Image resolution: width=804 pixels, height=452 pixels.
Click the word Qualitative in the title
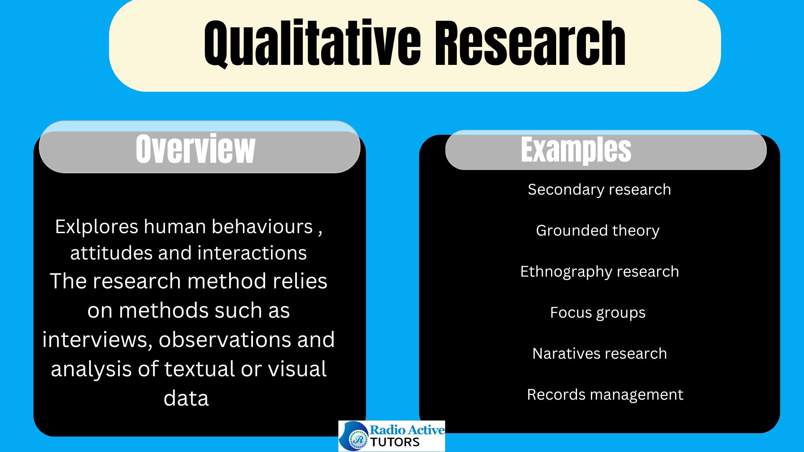[x=312, y=44]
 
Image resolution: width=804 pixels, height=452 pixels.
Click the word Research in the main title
[x=530, y=43]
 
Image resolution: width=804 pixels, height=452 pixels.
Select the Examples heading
[x=576, y=149]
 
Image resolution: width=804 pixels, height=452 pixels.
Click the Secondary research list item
[x=599, y=190]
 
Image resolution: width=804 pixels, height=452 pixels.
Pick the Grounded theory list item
[x=598, y=231]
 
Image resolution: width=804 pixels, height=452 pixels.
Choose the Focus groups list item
[x=598, y=313]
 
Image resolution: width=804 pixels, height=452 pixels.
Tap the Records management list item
[x=605, y=395]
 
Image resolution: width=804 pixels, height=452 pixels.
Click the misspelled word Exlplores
[x=97, y=227]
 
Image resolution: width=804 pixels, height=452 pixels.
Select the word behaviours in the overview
[x=262, y=227]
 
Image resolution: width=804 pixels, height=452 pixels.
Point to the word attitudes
[x=111, y=253]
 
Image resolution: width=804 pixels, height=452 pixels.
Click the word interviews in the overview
[x=98, y=340]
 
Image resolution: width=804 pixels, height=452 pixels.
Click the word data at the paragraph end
[x=186, y=398]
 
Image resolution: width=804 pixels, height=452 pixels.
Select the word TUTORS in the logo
[x=395, y=442]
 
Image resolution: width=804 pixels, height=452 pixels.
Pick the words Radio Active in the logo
[x=407, y=430]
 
